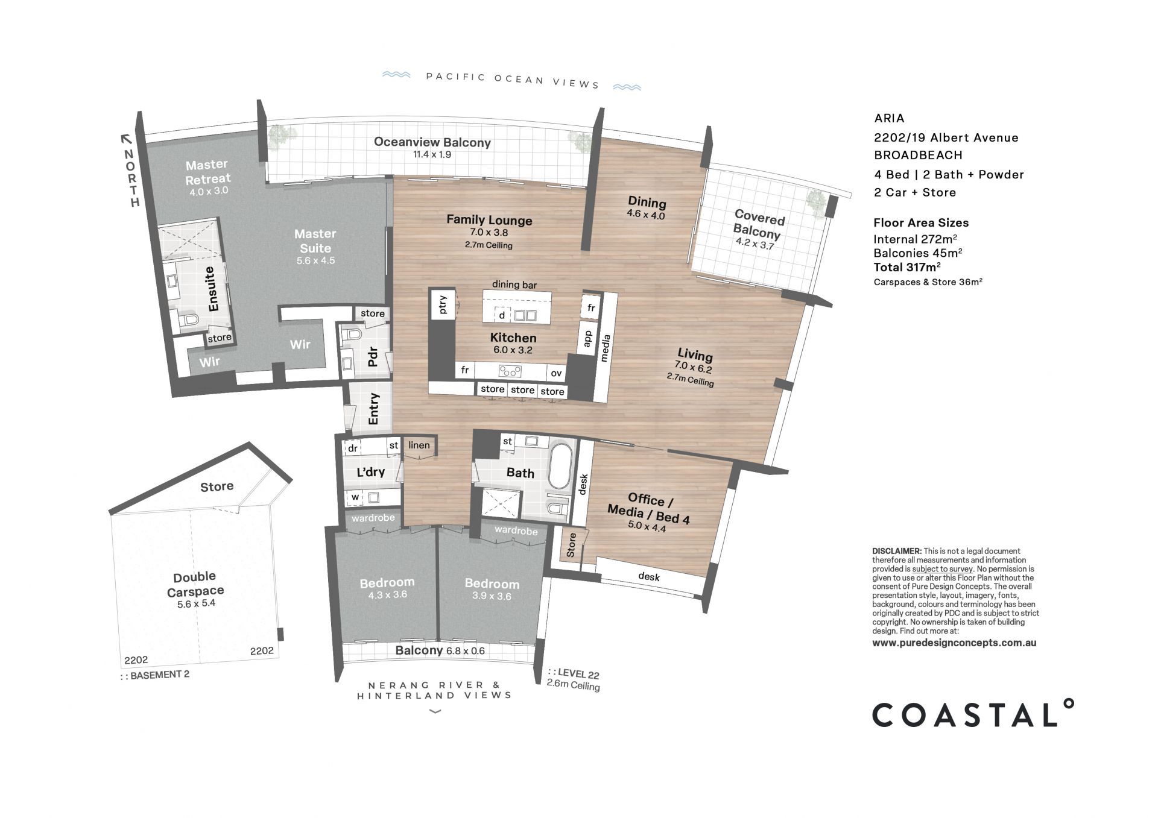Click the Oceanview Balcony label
432,142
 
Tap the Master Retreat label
208,172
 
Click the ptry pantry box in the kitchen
443,304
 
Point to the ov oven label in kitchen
556,373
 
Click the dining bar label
514,285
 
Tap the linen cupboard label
419,445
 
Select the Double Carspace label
195,584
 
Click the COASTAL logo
973,714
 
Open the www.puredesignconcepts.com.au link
954,643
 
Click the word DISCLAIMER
897,551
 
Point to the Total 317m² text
907,267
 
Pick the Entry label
373,409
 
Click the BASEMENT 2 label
159,675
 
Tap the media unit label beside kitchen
606,348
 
